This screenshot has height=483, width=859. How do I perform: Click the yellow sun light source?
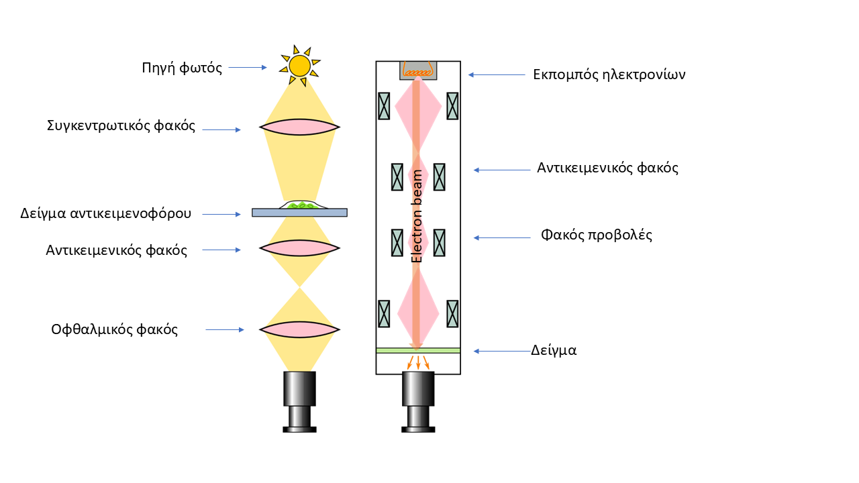click(299, 66)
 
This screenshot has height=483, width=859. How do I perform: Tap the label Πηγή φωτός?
click(182, 68)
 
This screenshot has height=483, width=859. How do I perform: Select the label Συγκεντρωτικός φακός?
click(121, 125)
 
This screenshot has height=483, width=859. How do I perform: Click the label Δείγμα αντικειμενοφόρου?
click(106, 213)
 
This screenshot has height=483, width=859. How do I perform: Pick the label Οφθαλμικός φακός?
click(115, 329)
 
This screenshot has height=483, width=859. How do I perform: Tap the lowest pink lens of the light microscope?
click(300, 329)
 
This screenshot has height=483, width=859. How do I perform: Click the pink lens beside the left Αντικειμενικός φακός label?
click(300, 248)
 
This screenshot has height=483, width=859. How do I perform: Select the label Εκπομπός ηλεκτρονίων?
click(609, 74)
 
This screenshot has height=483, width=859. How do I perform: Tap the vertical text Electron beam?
click(417, 216)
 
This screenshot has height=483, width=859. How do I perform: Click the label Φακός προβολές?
click(597, 235)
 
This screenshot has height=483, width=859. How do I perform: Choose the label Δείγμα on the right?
click(554, 350)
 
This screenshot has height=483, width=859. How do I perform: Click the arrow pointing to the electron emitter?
click(497, 75)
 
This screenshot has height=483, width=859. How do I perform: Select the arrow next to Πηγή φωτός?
click(248, 67)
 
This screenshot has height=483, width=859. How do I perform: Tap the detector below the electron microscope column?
click(418, 401)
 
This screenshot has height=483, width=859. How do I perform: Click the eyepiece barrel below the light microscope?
click(299, 401)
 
